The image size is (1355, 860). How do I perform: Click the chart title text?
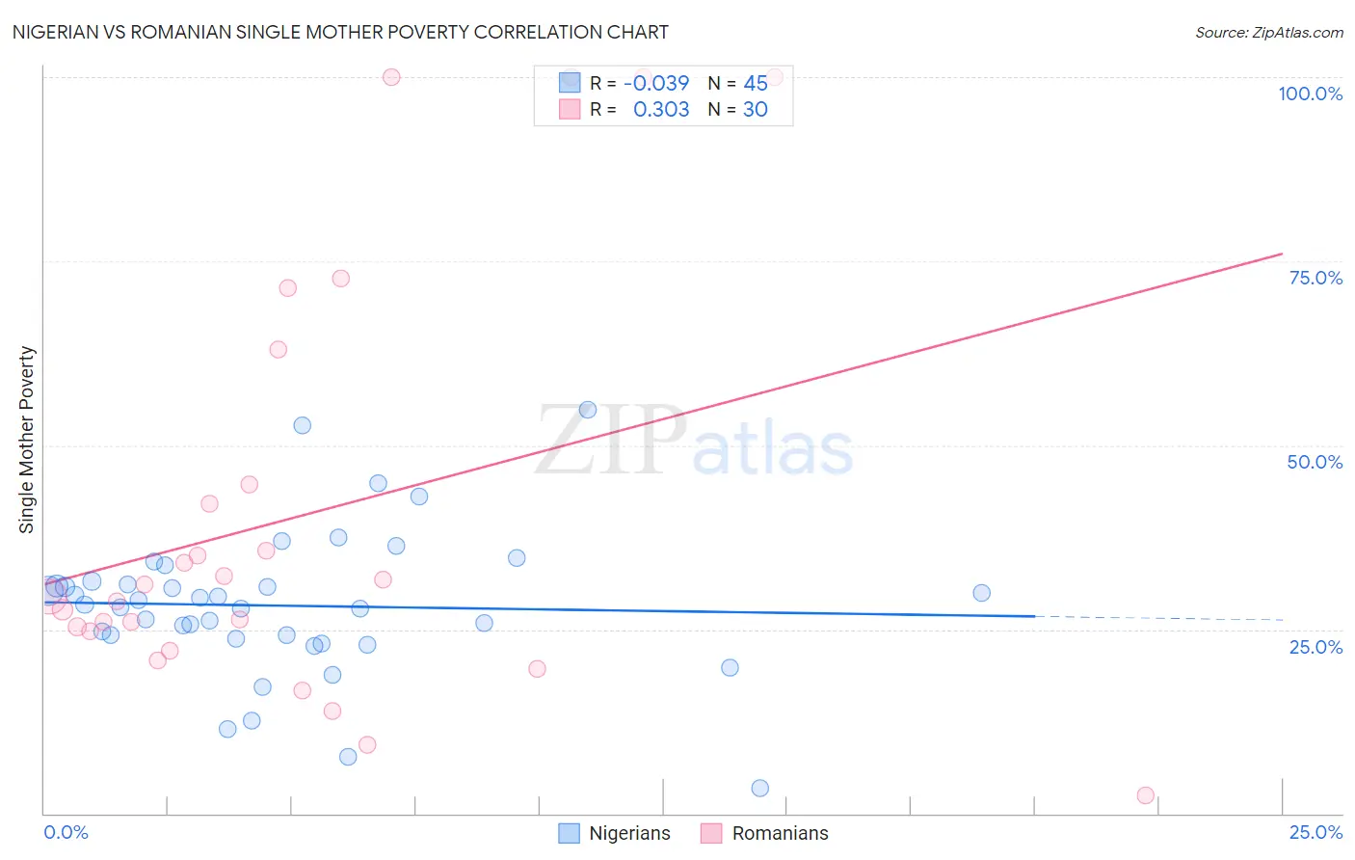[x=340, y=32]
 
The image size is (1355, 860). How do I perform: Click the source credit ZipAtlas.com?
[x=1268, y=33]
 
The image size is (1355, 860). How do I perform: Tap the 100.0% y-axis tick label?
[x=1310, y=94]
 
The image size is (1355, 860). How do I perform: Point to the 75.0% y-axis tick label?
[x=1315, y=278]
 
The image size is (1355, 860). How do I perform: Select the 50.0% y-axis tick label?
[x=1315, y=462]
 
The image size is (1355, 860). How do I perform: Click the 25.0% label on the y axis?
[x=1315, y=647]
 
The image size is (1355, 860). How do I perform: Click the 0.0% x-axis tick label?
[x=66, y=832]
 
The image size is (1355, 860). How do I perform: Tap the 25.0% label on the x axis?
[x=1315, y=832]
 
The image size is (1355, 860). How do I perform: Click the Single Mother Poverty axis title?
[x=27, y=440]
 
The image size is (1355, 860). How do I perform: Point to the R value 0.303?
[x=660, y=110]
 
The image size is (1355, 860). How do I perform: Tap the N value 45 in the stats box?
[x=756, y=84]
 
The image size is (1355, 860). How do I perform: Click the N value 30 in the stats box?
[x=756, y=110]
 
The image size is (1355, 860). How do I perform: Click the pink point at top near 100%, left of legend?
[x=391, y=77]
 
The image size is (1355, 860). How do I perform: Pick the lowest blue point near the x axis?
[x=759, y=788]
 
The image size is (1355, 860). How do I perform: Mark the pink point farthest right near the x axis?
[x=1145, y=795]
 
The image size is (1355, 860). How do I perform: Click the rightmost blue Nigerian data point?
[x=981, y=593]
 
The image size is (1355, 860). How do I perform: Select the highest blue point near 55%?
[x=587, y=410]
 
